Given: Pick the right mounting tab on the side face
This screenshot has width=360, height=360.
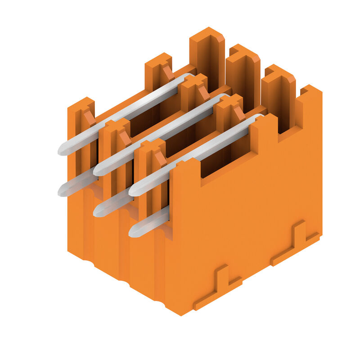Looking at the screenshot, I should [295, 243].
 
